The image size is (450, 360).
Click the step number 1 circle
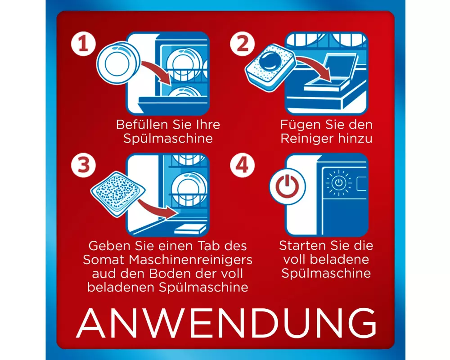pos(83,44)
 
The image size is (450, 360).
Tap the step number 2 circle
pos(242,44)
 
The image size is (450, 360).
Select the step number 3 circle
pos(83,165)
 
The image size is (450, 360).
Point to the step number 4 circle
pos(242,165)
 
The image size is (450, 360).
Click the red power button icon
pos(287,187)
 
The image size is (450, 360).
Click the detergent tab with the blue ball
pos(270,67)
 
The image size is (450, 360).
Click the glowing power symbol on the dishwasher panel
pos(339,182)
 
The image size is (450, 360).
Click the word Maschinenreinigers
pos(190,260)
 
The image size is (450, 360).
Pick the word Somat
pos(104,260)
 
